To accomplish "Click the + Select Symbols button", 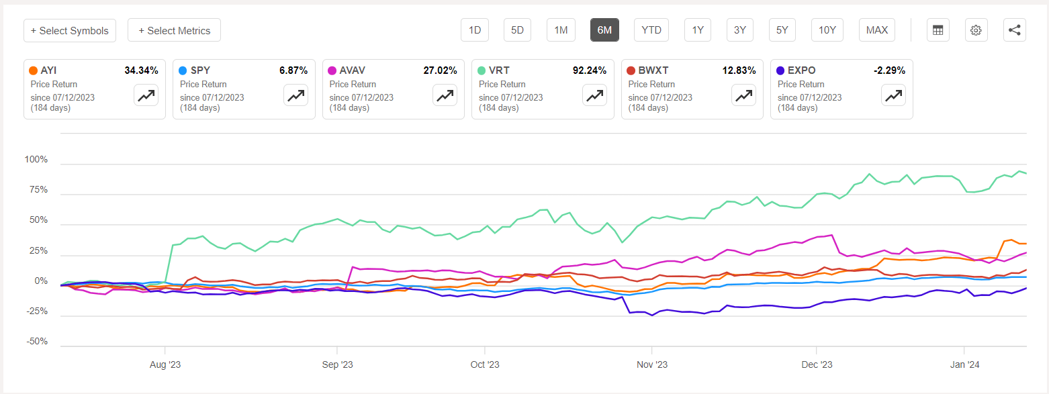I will point(70,30).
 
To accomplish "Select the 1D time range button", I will point(475,30).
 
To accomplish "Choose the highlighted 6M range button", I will point(604,30).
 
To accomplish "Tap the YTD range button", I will point(651,30).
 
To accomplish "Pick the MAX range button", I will point(876,30).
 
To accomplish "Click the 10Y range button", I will point(827,30).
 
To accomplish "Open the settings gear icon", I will point(976,30).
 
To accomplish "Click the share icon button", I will point(1014,30).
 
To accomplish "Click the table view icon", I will point(938,30).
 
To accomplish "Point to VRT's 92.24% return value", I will point(588,70).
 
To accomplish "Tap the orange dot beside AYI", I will point(34,70).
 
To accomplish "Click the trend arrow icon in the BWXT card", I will point(743,95).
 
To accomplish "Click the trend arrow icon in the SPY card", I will point(295,95).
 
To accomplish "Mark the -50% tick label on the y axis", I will point(36,342).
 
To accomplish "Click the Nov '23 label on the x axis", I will point(651,364).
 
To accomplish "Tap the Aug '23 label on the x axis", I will point(165,364).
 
